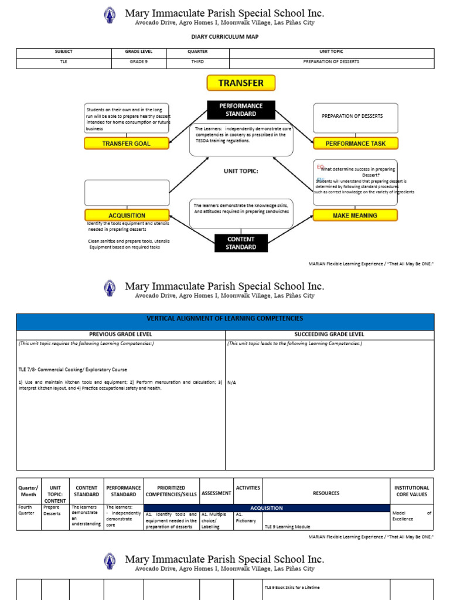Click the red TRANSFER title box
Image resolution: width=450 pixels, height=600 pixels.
pos(241,83)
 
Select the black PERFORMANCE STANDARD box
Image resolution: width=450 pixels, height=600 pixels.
pos(241,110)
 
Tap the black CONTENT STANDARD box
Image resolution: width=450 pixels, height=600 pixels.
pos(241,243)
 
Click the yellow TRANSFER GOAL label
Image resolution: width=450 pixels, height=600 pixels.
pos(127,144)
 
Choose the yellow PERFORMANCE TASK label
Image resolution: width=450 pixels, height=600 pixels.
pos(356,144)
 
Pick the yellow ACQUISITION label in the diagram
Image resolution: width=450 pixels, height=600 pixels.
pos(127,216)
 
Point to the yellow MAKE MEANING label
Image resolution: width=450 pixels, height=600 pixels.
pos(355,216)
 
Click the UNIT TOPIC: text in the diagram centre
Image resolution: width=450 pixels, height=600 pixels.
pos(241,171)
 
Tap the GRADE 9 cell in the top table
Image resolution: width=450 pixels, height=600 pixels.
pos(139,62)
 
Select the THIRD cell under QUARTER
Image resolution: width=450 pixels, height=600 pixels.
pos(197,62)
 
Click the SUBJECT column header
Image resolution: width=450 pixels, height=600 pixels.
pos(64,52)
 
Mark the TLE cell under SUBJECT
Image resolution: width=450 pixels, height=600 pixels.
pos(64,62)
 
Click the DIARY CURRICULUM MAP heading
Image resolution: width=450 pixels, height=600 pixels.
pos(225,36)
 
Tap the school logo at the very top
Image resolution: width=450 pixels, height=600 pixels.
pos(110,15)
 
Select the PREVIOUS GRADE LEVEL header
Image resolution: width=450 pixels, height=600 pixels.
pos(121,335)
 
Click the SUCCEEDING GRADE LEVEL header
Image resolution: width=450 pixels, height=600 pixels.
pos(329,335)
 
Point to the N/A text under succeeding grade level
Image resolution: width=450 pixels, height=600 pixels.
pos(232,381)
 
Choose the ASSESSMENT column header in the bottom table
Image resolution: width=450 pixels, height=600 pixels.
pos(216,493)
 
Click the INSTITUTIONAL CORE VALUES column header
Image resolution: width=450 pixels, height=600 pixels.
pos(411,490)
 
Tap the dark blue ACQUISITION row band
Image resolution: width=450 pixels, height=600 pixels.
pos(267,508)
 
